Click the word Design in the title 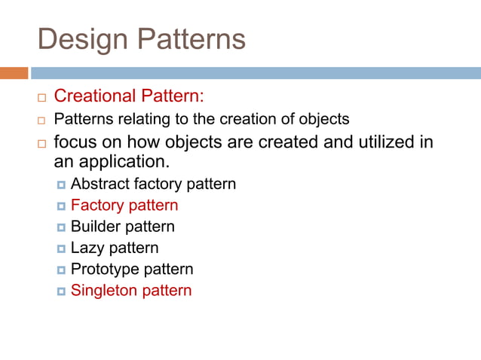pyautogui.click(x=78, y=39)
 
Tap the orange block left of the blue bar pyautogui.click(x=14, y=73)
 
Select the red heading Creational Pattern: pyautogui.click(x=129, y=96)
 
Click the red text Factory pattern pyautogui.click(x=124, y=205)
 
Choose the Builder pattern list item pyautogui.click(x=122, y=226)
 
